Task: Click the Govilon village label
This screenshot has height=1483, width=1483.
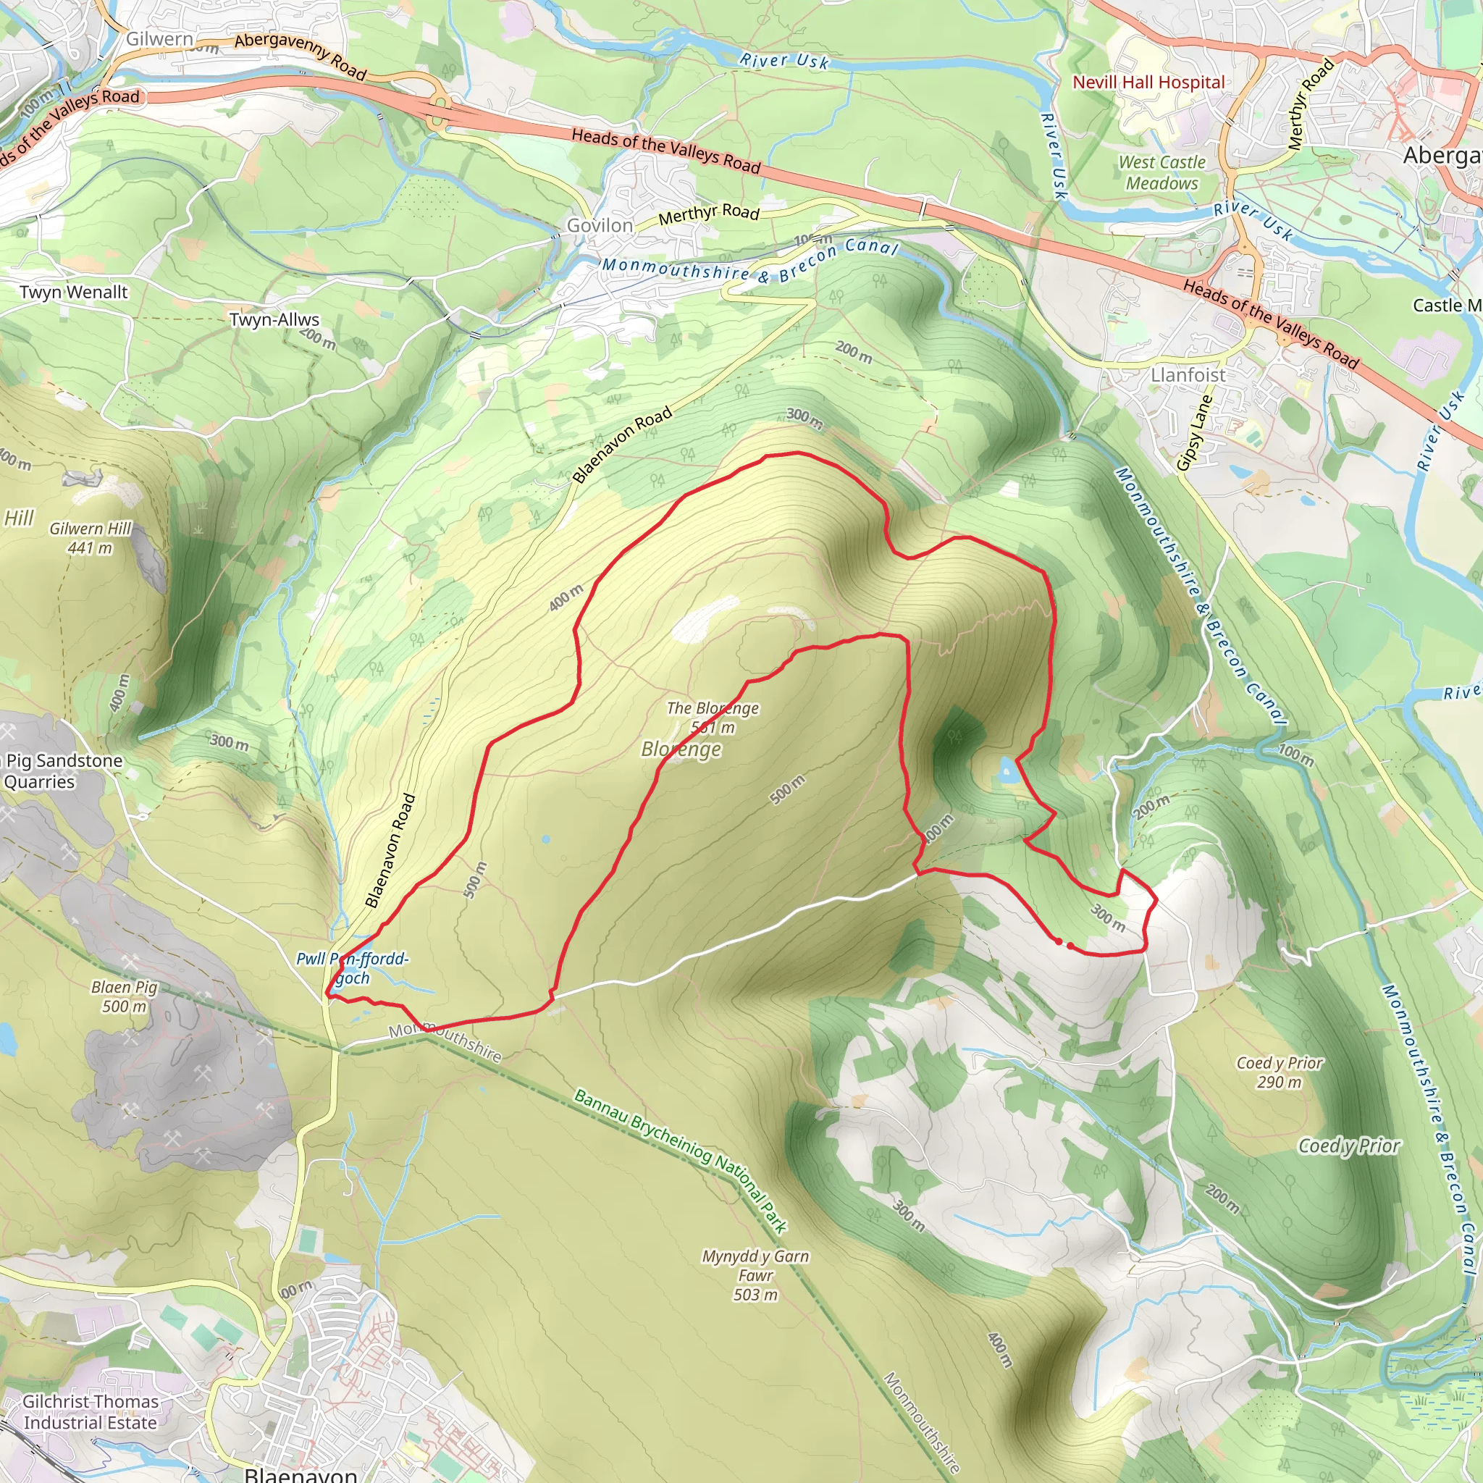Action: coord(600,226)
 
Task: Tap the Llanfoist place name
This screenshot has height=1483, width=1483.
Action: coord(1188,374)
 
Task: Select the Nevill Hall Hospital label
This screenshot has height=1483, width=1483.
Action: coord(1148,82)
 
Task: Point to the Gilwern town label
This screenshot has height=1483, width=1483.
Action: coord(159,38)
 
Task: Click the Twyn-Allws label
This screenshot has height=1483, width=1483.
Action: coord(274,319)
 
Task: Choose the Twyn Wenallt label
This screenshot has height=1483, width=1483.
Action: coord(74,292)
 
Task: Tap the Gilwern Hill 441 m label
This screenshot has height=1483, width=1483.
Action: coord(91,538)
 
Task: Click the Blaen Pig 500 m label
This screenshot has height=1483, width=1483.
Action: coord(125,996)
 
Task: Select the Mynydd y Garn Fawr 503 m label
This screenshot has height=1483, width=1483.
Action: coord(755,1275)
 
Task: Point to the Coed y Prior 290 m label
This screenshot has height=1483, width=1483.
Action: coord(1280,1072)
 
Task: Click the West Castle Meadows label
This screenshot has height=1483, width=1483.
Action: coord(1161,173)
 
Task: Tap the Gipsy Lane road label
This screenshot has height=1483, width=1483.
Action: coord(1194,433)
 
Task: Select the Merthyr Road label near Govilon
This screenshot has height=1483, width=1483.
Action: coord(708,214)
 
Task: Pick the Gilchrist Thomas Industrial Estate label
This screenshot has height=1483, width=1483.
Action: coord(90,1411)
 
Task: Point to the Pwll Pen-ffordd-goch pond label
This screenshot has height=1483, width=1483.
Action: coord(353,968)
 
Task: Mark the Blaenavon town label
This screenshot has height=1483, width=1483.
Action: coord(300,1474)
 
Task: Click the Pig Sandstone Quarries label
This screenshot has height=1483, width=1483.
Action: coord(62,770)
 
